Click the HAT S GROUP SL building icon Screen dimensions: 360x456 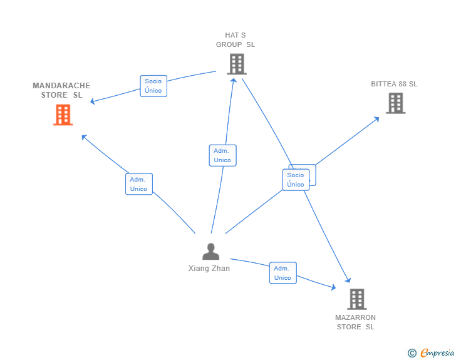click(236, 64)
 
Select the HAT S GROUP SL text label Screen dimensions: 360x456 click(236, 40)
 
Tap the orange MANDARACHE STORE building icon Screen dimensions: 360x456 click(63, 115)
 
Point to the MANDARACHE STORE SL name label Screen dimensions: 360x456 click(61, 90)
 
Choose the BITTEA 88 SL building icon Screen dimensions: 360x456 click(395, 103)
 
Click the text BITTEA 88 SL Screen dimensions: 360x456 click(394, 84)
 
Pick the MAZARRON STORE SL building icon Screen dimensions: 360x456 click(356, 299)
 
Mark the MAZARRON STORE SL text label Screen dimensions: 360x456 click(355, 322)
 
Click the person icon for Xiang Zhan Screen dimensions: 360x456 click(211, 252)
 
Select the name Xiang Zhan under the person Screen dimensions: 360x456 click(209, 269)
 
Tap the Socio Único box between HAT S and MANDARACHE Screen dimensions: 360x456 click(153, 86)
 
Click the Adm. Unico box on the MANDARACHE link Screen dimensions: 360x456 click(138, 184)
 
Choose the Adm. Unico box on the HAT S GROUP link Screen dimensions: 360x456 click(222, 155)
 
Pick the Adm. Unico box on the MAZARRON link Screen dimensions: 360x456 click(282, 273)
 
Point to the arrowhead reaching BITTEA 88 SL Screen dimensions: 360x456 click(376, 118)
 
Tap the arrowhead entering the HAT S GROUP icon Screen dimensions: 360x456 click(233, 79)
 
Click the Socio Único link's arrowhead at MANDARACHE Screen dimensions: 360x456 click(93, 101)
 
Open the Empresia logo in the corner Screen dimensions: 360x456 click(437, 353)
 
